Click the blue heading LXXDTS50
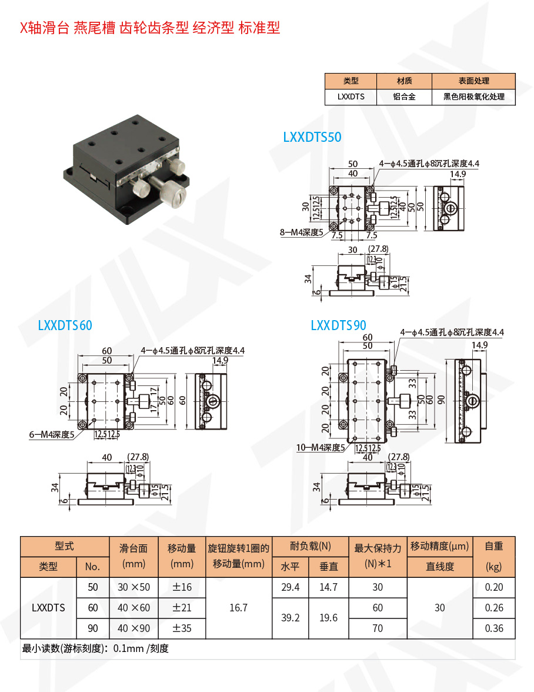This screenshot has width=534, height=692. (312, 137)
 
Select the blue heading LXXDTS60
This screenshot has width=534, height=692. (65, 325)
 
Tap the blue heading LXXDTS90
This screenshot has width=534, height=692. (338, 325)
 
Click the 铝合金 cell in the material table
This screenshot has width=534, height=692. (405, 97)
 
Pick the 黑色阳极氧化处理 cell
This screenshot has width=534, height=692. (473, 97)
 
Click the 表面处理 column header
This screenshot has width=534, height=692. (473, 81)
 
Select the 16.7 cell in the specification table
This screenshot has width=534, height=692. (238, 607)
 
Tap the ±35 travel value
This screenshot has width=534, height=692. (182, 628)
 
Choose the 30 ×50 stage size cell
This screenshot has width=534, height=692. (134, 587)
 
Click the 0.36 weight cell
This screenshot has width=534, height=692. (495, 628)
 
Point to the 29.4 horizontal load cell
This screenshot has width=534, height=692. (291, 587)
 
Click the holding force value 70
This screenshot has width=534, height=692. (378, 628)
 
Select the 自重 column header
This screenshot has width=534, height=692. (495, 546)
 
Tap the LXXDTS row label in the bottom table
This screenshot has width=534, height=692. (48, 607)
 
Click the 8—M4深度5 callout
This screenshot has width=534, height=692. (302, 232)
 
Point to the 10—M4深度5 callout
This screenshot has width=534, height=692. (319, 447)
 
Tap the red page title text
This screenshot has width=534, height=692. (150, 28)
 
